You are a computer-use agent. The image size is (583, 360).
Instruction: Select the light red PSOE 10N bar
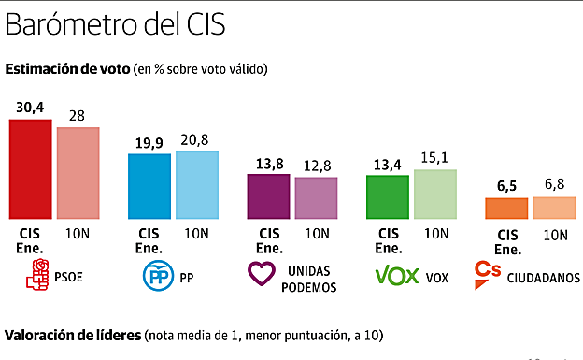point(78,173)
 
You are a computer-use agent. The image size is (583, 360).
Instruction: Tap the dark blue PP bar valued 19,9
point(149,186)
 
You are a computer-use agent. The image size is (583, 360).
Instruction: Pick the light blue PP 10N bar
point(196,185)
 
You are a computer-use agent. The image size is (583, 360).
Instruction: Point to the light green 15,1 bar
point(435,194)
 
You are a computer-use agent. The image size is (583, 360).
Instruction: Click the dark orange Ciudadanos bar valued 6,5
point(506,209)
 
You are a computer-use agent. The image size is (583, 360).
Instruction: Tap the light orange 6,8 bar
point(554,208)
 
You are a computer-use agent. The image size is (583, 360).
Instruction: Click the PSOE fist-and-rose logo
point(38,275)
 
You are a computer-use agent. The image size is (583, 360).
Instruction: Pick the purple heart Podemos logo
point(263,276)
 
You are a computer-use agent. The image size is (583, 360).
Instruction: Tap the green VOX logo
point(395,276)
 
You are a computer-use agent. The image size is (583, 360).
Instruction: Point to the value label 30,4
point(30,108)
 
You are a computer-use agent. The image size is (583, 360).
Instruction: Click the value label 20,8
point(196,140)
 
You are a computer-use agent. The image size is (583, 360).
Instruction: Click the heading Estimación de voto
point(66,69)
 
